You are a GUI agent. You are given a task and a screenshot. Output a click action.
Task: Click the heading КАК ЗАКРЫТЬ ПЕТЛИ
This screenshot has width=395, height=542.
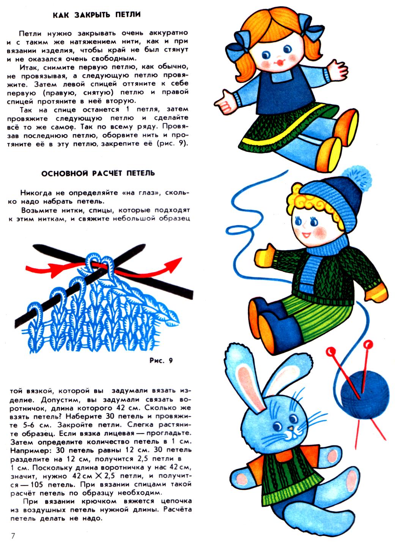(x=97, y=15)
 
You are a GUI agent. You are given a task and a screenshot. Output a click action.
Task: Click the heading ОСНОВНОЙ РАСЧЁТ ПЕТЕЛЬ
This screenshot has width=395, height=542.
(x=98, y=173)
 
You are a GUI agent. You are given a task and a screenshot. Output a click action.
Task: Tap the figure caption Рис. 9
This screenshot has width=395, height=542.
(x=161, y=360)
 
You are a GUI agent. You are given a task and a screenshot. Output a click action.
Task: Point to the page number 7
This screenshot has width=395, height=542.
(x=13, y=536)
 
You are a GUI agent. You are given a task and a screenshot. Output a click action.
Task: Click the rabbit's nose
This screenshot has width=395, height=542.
(x=291, y=429)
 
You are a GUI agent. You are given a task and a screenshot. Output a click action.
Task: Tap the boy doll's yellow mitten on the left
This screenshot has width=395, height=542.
(x=265, y=257)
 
